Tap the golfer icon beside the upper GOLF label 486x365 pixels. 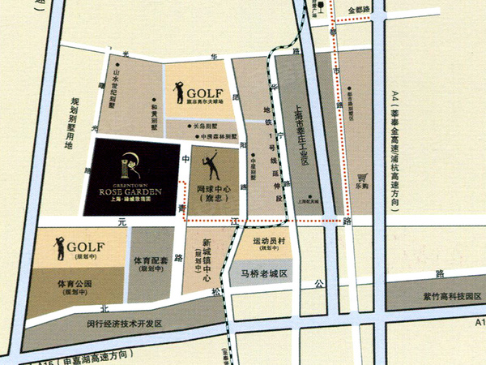(x=180, y=90)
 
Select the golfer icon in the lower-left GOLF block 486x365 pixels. (x=58, y=248)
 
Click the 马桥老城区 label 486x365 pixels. (x=265, y=274)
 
